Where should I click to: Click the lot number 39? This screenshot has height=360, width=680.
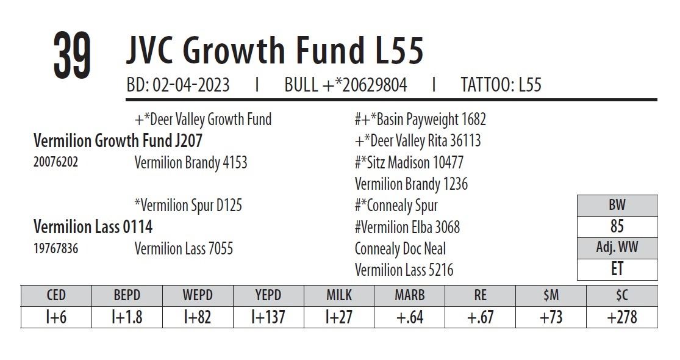72,56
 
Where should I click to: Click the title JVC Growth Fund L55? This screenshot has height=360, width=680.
274,50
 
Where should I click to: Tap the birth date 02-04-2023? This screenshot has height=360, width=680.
191,85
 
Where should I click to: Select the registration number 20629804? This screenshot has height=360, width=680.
374,85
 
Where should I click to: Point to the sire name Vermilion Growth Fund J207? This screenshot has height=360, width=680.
118,141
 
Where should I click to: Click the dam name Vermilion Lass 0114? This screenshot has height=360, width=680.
93,227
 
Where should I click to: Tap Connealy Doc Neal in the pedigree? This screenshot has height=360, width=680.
400,249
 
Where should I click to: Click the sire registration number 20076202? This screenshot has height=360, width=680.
55,163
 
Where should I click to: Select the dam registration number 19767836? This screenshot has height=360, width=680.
55,249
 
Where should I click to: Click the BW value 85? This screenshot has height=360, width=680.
617,226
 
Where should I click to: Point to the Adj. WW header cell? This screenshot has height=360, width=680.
617,248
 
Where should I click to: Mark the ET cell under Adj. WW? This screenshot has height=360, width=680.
617,269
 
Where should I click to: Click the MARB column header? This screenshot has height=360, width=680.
409,295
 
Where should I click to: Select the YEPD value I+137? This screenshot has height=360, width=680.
268,317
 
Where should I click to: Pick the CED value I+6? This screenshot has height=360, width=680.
55,317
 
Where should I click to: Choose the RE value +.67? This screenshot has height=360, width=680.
480,317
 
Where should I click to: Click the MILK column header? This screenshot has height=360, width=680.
338,295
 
